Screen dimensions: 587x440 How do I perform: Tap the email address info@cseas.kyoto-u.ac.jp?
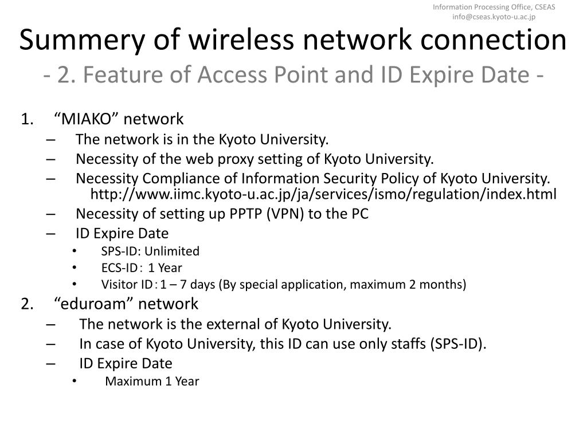tap(494, 17)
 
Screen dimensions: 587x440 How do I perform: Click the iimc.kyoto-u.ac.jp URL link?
tap(323, 195)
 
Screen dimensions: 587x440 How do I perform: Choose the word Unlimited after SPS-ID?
tap(172, 251)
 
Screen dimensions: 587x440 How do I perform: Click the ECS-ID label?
tap(120, 268)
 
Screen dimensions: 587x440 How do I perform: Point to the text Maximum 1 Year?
tap(152, 381)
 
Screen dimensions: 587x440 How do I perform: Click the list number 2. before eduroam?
tap(28, 304)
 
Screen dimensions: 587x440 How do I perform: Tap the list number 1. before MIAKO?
tap(28, 119)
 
